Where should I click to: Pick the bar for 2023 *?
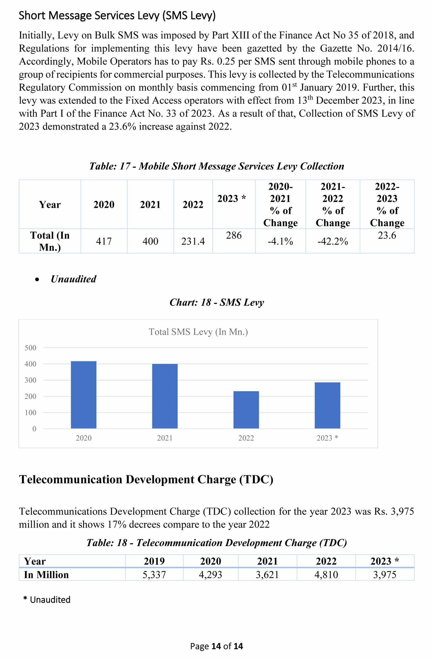coord(327,405)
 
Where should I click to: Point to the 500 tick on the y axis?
coord(31,348)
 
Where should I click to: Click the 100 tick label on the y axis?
coord(31,413)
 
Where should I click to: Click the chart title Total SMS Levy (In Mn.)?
coord(198,332)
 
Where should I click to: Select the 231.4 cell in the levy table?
coord(193,241)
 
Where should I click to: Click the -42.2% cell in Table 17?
coord(333,241)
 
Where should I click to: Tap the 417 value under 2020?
coord(104,241)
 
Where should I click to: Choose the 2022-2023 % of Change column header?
coord(387,204)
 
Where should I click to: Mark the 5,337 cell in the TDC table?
coord(154,575)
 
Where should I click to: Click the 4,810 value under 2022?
coord(326,575)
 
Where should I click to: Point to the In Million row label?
coord(46,575)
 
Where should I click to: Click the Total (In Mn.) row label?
coord(50,241)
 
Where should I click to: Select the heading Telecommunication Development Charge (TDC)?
coord(146,480)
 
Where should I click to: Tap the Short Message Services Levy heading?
coord(117,15)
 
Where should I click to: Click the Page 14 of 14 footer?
coord(216,646)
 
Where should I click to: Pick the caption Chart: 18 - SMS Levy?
coord(216,302)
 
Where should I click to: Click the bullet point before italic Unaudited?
coord(37,279)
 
